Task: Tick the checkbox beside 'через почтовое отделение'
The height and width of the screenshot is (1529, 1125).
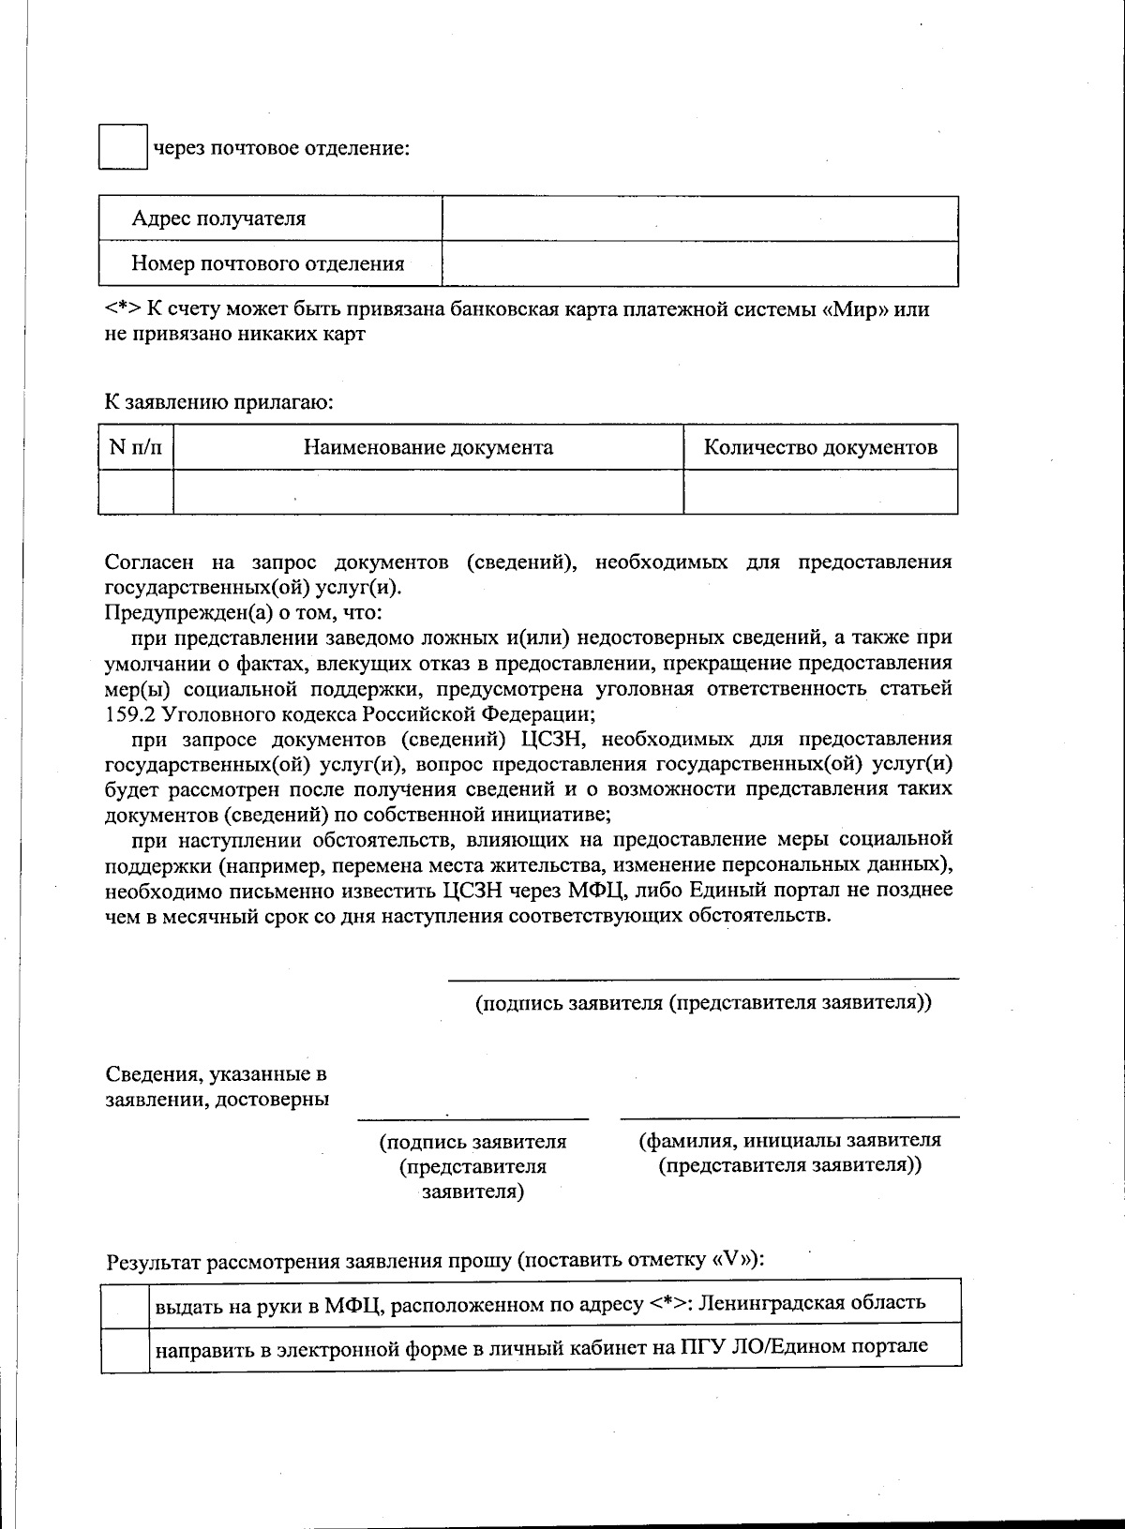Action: point(123,146)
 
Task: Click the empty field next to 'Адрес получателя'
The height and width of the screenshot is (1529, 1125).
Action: point(699,218)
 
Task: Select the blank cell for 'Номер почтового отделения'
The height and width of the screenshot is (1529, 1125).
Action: point(699,263)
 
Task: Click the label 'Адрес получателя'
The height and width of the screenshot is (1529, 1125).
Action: point(218,218)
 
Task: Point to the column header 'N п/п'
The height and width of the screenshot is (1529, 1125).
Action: point(136,447)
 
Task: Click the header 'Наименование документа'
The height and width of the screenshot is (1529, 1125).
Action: point(427,447)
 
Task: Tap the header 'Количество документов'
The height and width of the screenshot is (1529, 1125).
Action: point(820,447)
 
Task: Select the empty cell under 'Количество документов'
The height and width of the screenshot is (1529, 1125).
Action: point(820,492)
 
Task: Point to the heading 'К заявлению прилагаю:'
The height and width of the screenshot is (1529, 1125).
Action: point(218,403)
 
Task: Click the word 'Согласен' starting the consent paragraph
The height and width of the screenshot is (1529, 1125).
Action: point(149,562)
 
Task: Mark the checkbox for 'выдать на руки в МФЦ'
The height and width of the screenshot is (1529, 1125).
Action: point(125,1302)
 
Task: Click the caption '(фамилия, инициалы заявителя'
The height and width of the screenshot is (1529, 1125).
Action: point(789,1141)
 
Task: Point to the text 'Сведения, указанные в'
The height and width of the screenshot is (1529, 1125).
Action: point(216,1073)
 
